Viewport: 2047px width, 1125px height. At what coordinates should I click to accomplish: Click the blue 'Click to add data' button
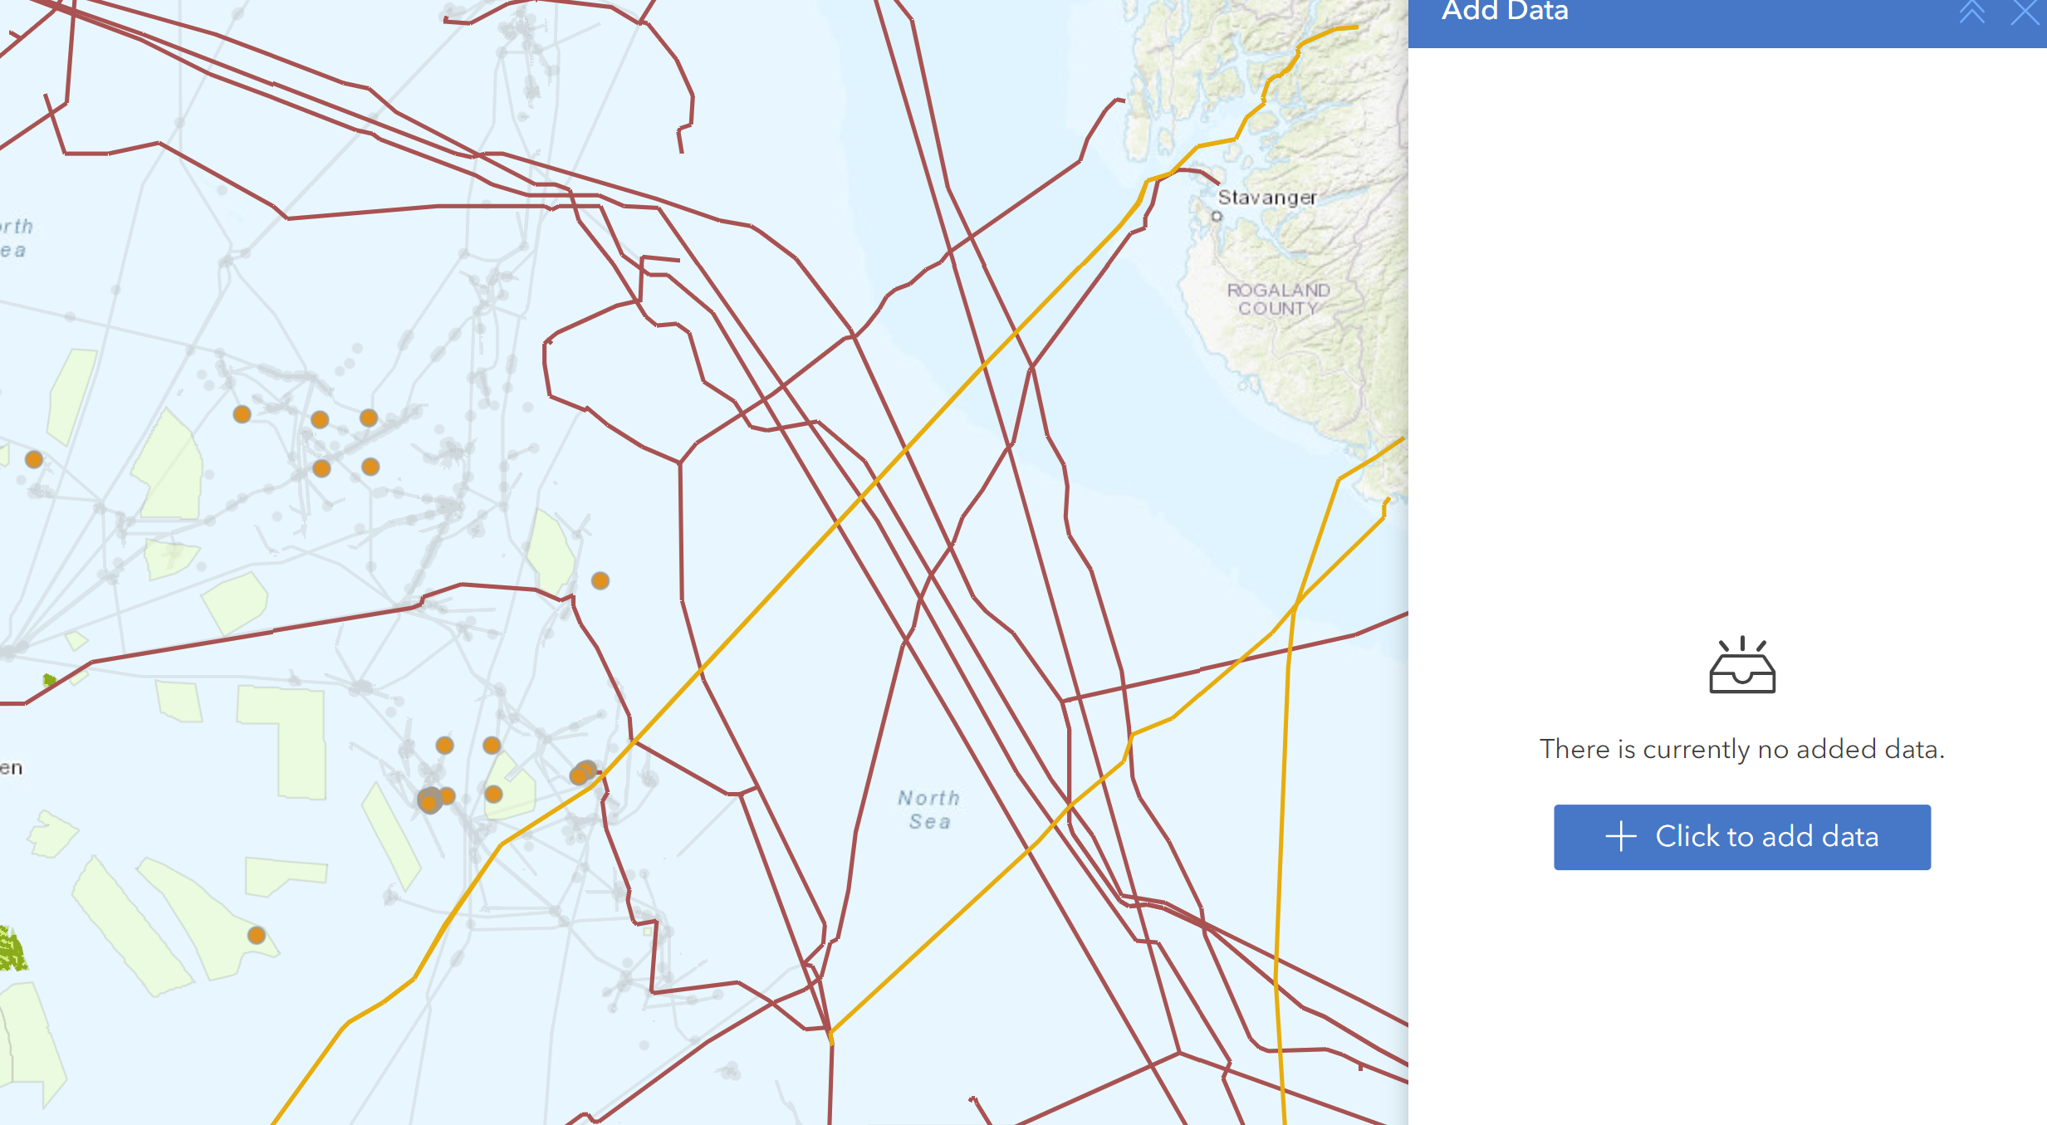pyautogui.click(x=1741, y=837)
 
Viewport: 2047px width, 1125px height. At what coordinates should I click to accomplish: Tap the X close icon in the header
pyautogui.click(x=2025, y=12)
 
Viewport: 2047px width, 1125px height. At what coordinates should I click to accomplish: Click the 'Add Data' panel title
pyautogui.click(x=1505, y=12)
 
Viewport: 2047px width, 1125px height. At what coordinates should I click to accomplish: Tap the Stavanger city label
pyautogui.click(x=1267, y=198)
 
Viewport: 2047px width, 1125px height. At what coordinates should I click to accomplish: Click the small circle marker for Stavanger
pyautogui.click(x=1217, y=217)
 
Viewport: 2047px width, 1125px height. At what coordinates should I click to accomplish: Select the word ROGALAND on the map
pyautogui.click(x=1279, y=291)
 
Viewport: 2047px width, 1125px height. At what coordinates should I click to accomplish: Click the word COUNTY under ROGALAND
pyautogui.click(x=1279, y=309)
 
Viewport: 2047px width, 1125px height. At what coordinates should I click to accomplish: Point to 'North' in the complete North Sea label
pyautogui.click(x=928, y=798)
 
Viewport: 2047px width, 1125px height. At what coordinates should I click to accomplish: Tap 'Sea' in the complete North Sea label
pyautogui.click(x=929, y=822)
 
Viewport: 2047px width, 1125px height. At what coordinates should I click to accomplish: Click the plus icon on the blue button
pyautogui.click(x=1620, y=837)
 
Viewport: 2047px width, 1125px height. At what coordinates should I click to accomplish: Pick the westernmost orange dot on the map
pyautogui.click(x=34, y=459)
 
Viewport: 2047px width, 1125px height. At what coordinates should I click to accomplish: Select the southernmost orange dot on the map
pyautogui.click(x=257, y=936)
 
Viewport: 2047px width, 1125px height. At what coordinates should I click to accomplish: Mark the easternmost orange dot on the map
pyautogui.click(x=600, y=581)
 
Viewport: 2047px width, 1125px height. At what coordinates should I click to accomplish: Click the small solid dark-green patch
pyautogui.click(x=49, y=680)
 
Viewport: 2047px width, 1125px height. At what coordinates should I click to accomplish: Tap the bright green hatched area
pyautogui.click(x=12, y=951)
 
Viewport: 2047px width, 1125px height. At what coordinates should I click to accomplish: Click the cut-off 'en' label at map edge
pyautogui.click(x=11, y=768)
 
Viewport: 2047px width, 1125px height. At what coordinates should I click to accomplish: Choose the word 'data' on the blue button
pyautogui.click(x=1850, y=837)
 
